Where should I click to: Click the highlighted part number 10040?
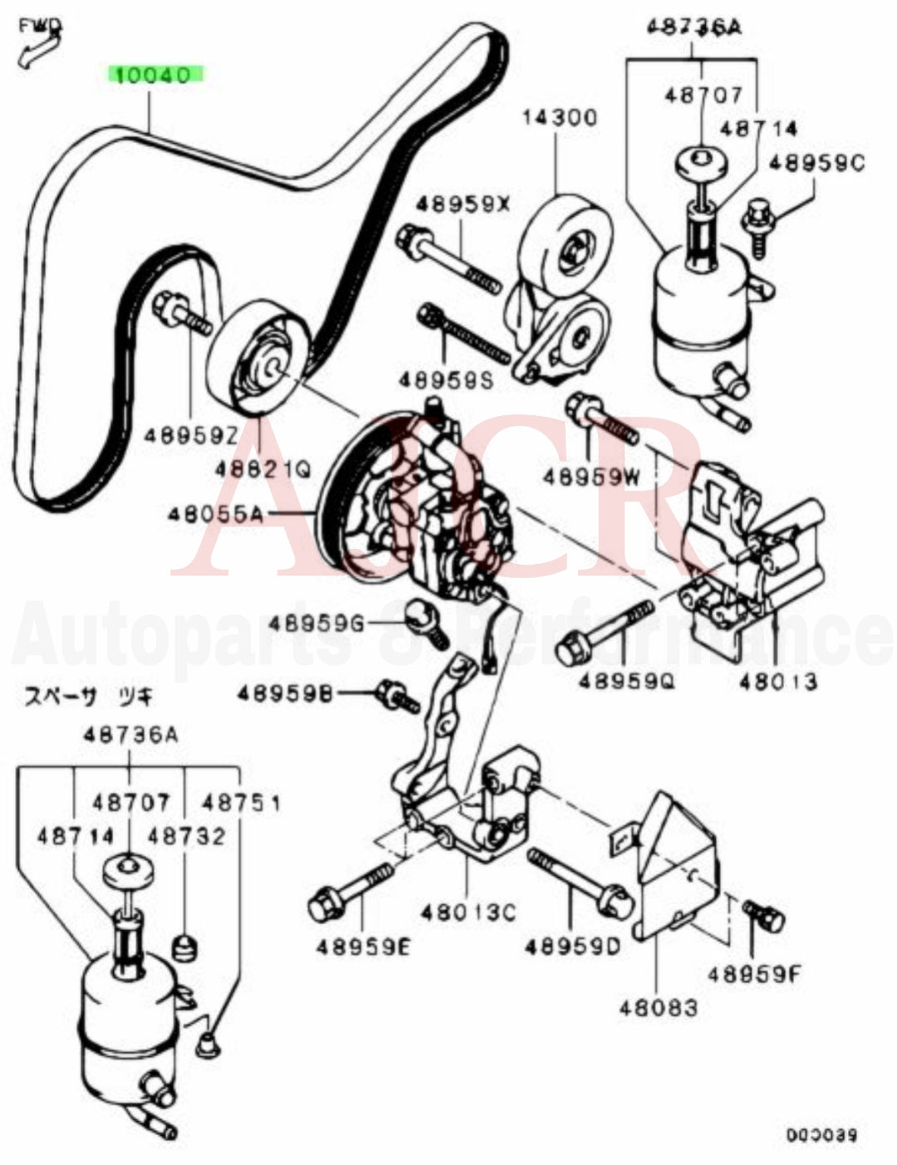pyautogui.click(x=153, y=76)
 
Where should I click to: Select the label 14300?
pyautogui.click(x=558, y=117)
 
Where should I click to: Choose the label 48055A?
pyautogui.click(x=215, y=515)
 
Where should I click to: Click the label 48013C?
pyautogui.click(x=467, y=913)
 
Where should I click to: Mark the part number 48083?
pyautogui.click(x=658, y=1008)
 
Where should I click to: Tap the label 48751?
pyautogui.click(x=242, y=803)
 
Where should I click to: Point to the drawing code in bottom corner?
pyautogui.click(x=821, y=1135)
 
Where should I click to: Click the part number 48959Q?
pyautogui.click(x=626, y=682)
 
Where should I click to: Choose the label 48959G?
pyautogui.click(x=316, y=623)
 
